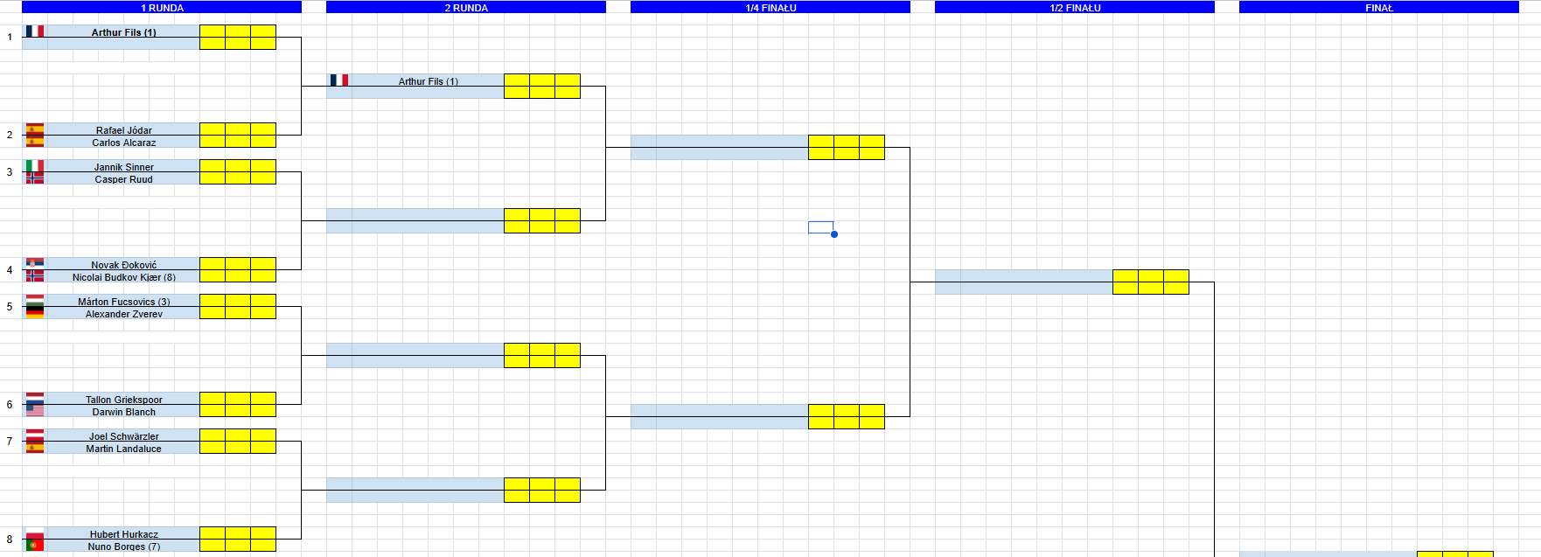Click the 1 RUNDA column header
coord(162,8)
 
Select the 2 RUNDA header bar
coord(466,8)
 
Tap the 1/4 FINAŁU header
coord(770,8)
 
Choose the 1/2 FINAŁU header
coord(1075,8)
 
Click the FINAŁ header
coord(1379,8)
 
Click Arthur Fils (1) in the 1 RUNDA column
coord(124,32)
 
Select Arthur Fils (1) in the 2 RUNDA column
coord(429,81)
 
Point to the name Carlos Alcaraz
coord(124,143)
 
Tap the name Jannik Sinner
coord(124,167)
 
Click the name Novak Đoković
coord(124,265)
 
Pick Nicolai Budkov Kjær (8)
coord(124,277)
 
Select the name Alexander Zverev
coord(124,314)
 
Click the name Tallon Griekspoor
coord(124,400)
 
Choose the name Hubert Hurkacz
coord(124,534)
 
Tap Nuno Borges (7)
coord(124,547)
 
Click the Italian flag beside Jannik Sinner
coord(35,165)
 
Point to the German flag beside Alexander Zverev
coord(35,312)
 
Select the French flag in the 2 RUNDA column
coord(339,80)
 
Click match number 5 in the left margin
coord(10,307)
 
